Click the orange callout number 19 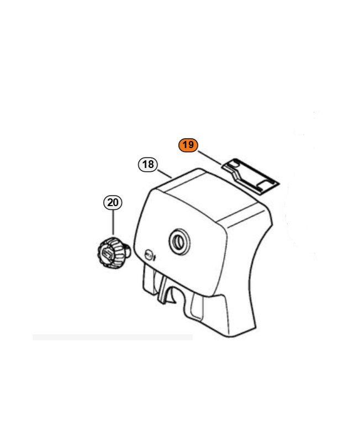188,145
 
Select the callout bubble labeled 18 148,164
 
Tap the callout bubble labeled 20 113,203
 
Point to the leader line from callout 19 210,157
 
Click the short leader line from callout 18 165,173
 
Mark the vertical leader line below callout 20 113,222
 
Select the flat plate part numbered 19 250,176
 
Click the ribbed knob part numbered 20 112,252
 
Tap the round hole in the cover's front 179,241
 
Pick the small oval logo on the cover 149,254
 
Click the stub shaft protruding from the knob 128,251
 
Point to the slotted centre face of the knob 107,254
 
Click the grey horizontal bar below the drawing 113,337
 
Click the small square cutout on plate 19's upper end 234,164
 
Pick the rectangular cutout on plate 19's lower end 264,185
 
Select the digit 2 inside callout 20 110,203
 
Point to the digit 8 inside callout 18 151,164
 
